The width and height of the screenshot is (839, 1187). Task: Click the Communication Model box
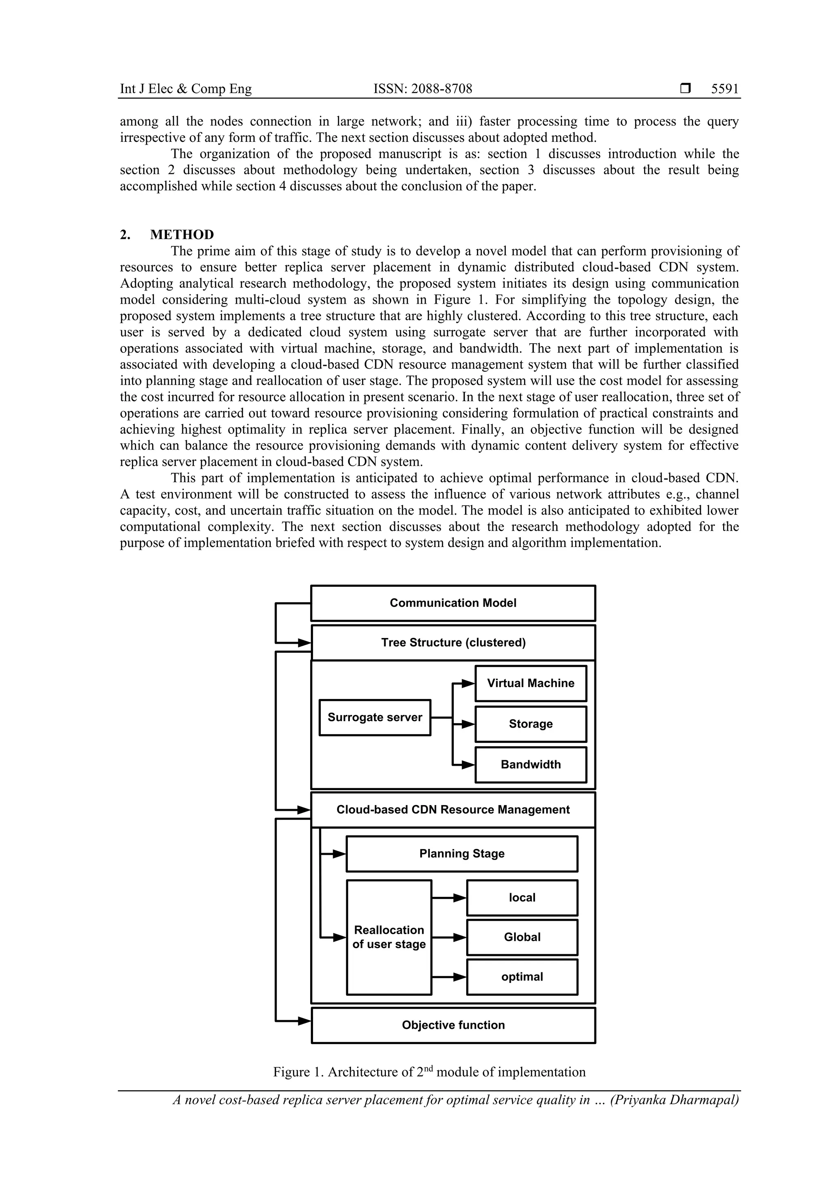(453, 603)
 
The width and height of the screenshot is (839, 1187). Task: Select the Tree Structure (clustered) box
(453, 642)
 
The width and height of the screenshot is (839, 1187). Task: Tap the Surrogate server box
(375, 717)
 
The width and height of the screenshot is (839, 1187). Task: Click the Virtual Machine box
(531, 683)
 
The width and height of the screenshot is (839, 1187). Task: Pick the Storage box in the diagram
(531, 724)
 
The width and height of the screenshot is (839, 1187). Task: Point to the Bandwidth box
(531, 765)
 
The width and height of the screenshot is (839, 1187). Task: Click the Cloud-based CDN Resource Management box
(453, 810)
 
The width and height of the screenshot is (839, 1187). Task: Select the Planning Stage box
(462, 853)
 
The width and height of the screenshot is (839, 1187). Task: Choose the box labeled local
(522, 897)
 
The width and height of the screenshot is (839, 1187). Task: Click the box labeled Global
(522, 937)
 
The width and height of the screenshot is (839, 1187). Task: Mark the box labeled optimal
(522, 977)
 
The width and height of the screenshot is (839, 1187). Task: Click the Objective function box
(453, 1025)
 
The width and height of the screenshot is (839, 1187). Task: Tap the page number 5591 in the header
(725, 89)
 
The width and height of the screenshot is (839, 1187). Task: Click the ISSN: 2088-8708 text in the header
(422, 89)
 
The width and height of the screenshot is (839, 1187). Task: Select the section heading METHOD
(181, 235)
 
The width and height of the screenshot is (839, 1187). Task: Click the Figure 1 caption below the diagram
(429, 1072)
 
